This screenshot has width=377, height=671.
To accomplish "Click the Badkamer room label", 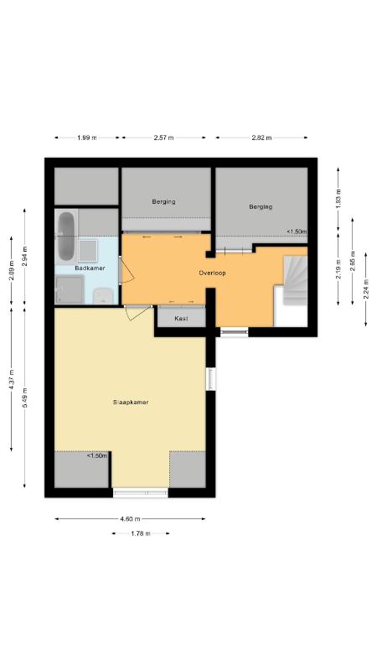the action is point(90,268).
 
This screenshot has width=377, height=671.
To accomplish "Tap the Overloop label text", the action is point(212,273).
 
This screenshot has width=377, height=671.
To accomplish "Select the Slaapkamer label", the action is point(131,403).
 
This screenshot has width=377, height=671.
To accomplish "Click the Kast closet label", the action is point(181,319).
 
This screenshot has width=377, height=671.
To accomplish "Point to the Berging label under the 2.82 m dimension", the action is point(261,206).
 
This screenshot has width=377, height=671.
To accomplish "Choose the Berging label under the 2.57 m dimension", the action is point(163,201).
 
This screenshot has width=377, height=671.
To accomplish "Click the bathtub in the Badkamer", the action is point(66,237).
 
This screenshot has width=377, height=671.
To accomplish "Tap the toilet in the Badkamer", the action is point(103,296).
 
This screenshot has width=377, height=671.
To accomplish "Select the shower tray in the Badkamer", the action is point(70,289).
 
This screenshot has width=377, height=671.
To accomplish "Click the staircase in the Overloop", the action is point(296,280).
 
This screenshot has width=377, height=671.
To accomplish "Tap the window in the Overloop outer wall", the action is point(235,331).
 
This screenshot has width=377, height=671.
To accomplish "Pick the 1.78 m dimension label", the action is point(141,533).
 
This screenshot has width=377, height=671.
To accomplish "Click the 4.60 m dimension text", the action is point(130,519).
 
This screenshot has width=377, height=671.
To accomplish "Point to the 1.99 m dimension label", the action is point(87,138).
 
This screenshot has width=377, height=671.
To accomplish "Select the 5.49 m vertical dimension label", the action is point(25,398).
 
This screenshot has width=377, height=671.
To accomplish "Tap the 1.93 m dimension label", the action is point(338,199).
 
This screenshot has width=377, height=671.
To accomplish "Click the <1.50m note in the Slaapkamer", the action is point(97,455).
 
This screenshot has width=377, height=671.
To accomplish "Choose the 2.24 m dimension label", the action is point(366,289).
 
